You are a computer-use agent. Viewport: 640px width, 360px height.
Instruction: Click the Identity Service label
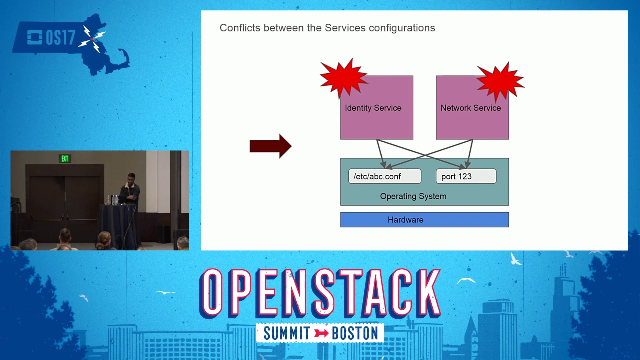click(373, 108)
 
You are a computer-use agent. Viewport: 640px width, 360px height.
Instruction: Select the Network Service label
click(471, 108)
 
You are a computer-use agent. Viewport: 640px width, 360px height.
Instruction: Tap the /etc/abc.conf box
click(385, 176)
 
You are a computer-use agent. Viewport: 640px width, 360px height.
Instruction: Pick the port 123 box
click(466, 176)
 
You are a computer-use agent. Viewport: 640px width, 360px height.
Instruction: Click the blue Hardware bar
click(424, 220)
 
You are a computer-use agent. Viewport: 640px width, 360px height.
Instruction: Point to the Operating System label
click(413, 196)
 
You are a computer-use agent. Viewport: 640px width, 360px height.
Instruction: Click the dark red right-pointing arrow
click(271, 146)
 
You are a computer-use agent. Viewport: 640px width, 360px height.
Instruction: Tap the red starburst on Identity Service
click(343, 78)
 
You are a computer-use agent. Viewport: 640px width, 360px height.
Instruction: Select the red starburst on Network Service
click(500, 82)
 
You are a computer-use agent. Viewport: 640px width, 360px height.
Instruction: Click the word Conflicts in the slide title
click(240, 28)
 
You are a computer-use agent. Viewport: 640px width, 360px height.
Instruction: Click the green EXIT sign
click(65, 159)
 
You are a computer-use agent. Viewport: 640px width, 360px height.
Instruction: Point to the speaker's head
click(131, 178)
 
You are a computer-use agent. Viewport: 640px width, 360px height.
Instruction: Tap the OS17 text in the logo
click(60, 37)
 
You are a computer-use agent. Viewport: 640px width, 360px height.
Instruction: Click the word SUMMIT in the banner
click(287, 333)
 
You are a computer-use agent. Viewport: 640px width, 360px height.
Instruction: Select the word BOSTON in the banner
click(355, 333)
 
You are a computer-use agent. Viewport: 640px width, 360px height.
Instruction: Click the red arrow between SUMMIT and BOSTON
click(321, 333)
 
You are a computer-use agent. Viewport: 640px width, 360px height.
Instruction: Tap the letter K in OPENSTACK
click(425, 293)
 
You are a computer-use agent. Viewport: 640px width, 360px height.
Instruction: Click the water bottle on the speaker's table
click(109, 200)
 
